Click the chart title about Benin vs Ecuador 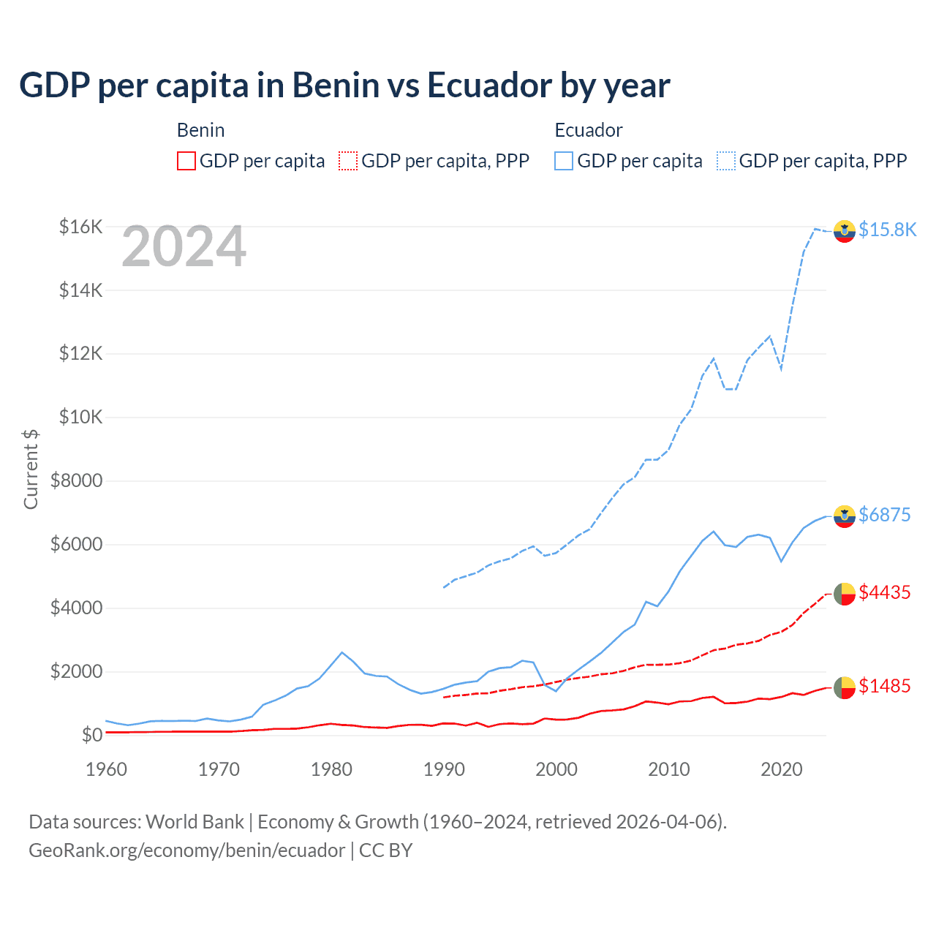tap(344, 86)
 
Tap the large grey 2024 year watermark tap(184, 247)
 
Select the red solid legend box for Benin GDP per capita tap(186, 161)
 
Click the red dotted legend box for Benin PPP tap(348, 161)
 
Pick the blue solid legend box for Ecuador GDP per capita tap(564, 161)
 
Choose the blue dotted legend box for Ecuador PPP tap(726, 161)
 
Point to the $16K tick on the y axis tap(80, 227)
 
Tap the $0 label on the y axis tap(91, 735)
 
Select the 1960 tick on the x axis tap(107, 769)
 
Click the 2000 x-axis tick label tap(556, 769)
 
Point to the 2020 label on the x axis tap(782, 769)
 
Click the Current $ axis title tap(31, 469)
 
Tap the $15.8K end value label tap(887, 230)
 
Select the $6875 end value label tap(884, 515)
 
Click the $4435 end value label tap(884, 592)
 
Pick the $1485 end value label tap(884, 686)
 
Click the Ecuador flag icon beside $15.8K tap(845, 230)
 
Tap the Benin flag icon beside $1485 tap(845, 687)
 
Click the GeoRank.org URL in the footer tap(186, 850)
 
